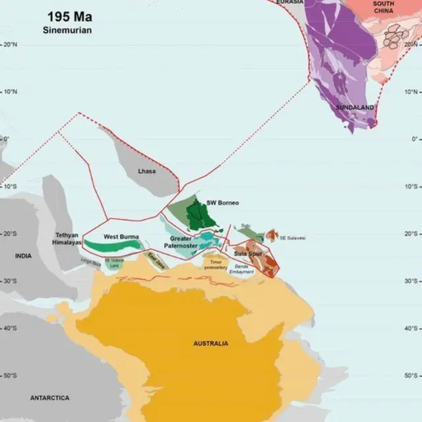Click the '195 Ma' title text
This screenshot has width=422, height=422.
(69, 16)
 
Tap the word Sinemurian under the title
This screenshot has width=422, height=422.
(69, 30)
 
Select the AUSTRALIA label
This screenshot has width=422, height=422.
(210, 344)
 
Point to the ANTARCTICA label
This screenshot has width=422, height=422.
(49, 398)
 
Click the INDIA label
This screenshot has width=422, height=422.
(23, 256)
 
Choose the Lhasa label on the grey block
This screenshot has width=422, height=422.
(147, 171)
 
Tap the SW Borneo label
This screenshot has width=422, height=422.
(222, 202)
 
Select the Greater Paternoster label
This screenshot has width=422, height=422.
(184, 242)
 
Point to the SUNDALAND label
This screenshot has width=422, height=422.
(355, 107)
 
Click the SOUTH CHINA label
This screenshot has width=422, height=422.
(383, 7)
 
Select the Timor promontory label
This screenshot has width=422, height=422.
(214, 264)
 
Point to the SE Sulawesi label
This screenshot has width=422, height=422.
(293, 237)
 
